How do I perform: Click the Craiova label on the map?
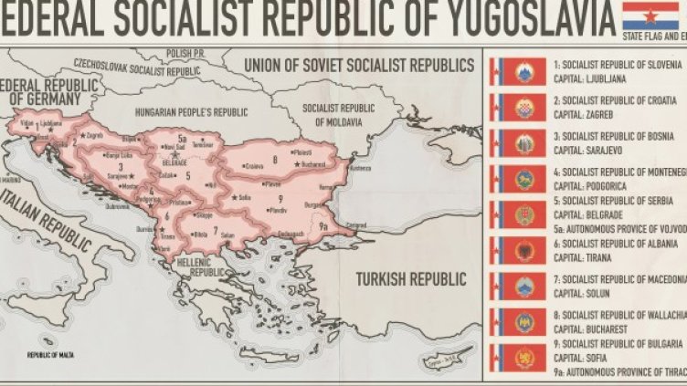253,166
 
